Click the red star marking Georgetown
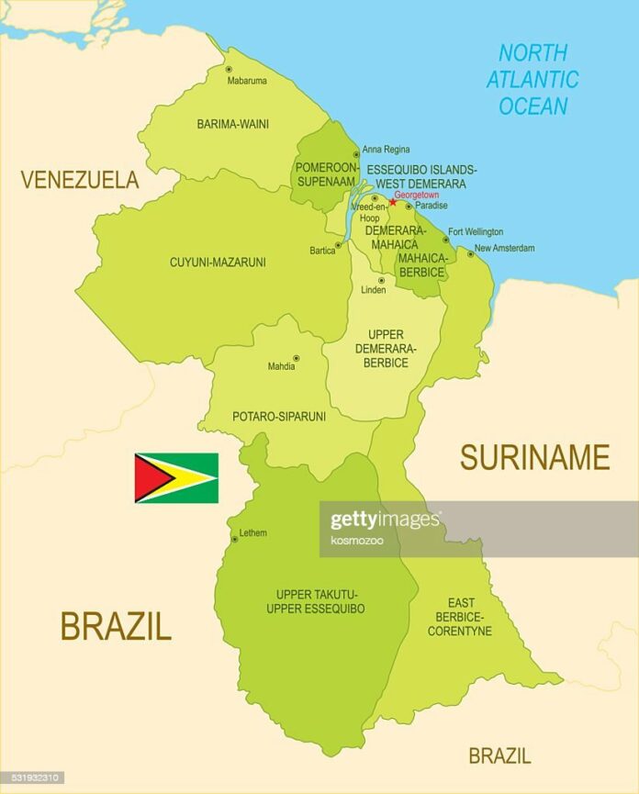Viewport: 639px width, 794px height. point(392,203)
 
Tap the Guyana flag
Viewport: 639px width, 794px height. point(176,478)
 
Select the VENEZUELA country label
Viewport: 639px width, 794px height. point(80,180)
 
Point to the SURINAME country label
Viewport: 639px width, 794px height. point(534,456)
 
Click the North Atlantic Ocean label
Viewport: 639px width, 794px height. point(532,80)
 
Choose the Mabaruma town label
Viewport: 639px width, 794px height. point(247,81)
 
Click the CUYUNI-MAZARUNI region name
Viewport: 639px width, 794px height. point(218,263)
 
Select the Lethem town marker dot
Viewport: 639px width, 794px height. point(234,539)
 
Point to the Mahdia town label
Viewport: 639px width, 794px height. point(281,367)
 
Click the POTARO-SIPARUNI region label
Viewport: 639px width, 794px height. point(278,416)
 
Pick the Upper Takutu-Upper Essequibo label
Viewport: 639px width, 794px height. point(315,601)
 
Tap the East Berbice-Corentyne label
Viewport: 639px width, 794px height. point(460,617)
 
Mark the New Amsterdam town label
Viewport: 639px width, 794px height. point(504,248)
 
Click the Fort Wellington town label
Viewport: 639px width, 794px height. point(476,232)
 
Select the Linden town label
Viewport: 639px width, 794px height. point(373,290)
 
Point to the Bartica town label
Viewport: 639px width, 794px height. point(322,251)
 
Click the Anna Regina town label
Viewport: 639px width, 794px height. point(386,150)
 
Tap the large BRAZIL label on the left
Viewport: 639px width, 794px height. point(116,626)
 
